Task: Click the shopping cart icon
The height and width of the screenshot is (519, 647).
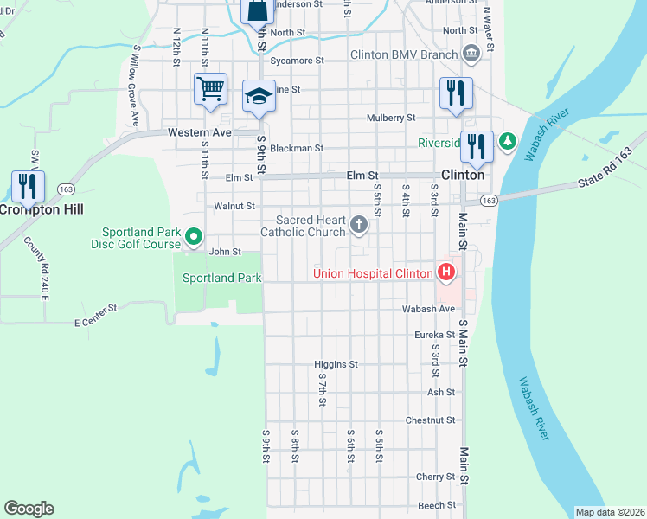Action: pos(211,88)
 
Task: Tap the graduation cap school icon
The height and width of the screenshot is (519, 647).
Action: pos(259,95)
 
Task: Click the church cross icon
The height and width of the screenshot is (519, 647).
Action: pos(359,227)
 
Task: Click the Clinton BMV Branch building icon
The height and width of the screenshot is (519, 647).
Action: pos(471,54)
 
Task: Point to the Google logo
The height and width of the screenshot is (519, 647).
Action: pos(29,509)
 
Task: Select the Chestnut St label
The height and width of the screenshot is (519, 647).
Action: pos(431,420)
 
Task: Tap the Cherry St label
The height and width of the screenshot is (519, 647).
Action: pos(435,477)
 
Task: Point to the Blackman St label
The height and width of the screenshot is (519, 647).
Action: pos(296,148)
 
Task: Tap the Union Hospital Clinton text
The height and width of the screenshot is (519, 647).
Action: pos(373,274)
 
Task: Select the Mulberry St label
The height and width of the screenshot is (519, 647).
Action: pos(391,118)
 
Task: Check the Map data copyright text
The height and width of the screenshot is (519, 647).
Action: pos(610,512)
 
